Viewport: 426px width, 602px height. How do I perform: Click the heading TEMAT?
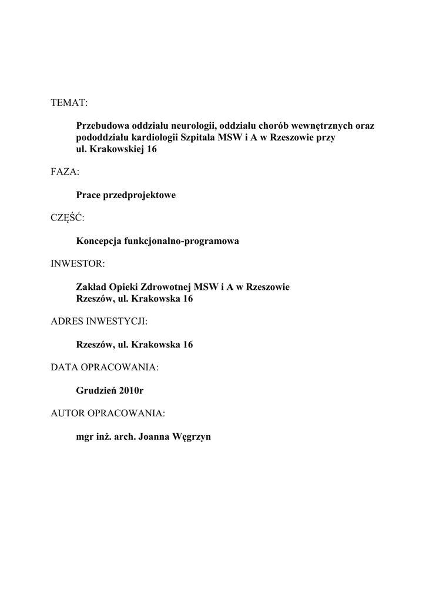tap(69, 103)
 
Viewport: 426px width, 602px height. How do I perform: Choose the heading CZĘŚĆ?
tap(68, 218)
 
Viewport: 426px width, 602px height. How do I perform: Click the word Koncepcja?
tap(99, 241)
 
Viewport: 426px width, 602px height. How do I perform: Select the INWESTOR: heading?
tap(78, 264)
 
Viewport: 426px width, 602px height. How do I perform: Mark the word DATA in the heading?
tap(63, 367)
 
